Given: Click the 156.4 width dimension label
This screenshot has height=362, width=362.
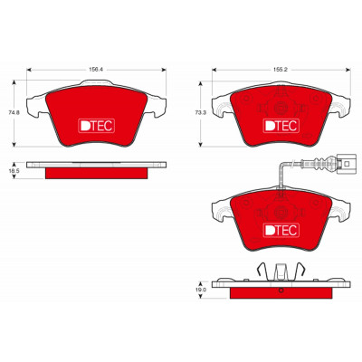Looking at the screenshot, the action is [x=96, y=70].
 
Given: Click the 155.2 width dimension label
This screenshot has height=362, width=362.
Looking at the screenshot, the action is [x=281, y=70].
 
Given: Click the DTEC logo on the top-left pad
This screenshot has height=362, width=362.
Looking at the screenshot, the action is [x=96, y=126].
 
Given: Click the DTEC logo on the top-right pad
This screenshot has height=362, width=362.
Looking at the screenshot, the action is [x=281, y=126].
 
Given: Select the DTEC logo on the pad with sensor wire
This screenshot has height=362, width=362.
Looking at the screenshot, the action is [x=281, y=230].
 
